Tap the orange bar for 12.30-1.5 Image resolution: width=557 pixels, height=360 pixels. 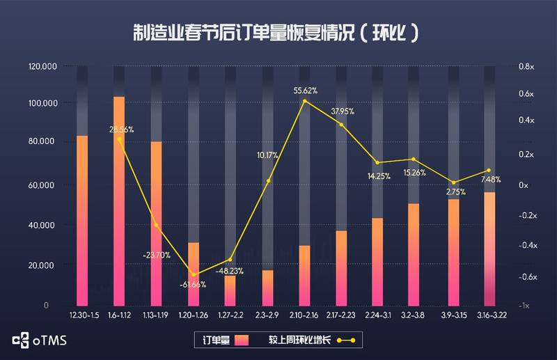point(82,220)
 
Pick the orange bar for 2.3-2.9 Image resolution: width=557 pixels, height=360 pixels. point(267,288)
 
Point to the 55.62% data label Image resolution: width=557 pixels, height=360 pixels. point(306,91)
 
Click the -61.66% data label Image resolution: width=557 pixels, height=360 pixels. point(194,285)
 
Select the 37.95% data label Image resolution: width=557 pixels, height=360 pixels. point(343,111)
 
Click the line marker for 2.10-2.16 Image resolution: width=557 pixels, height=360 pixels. point(305,102)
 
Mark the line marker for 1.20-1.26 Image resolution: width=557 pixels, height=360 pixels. point(194,274)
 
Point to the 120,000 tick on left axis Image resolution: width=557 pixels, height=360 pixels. point(42,67)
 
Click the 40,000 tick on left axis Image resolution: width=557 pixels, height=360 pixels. point(44,226)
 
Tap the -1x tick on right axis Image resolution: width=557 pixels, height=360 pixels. point(524,306)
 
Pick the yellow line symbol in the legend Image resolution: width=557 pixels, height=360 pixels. point(346,341)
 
